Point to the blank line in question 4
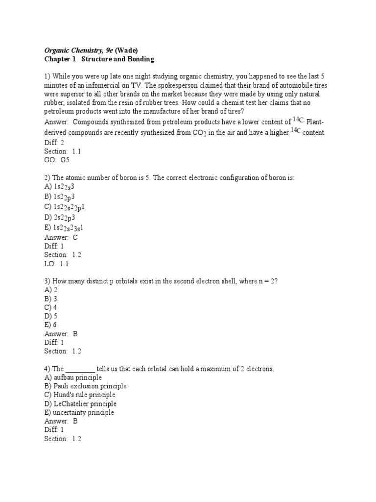coord(80,369)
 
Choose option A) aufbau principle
coord(73,377)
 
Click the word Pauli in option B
coord(62,386)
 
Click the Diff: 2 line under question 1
coord(54,142)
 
